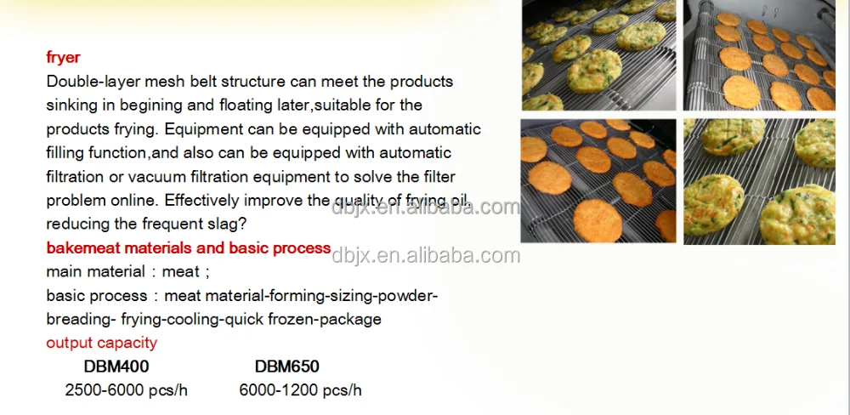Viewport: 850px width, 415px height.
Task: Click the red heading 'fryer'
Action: (x=63, y=58)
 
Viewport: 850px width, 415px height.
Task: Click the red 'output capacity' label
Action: (x=101, y=343)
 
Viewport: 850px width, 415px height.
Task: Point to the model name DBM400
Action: (x=116, y=367)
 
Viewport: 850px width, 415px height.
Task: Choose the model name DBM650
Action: (x=287, y=367)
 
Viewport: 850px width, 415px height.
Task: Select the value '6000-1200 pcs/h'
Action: (x=300, y=390)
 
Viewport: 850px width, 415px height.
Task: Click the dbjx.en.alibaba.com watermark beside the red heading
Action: (x=426, y=255)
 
